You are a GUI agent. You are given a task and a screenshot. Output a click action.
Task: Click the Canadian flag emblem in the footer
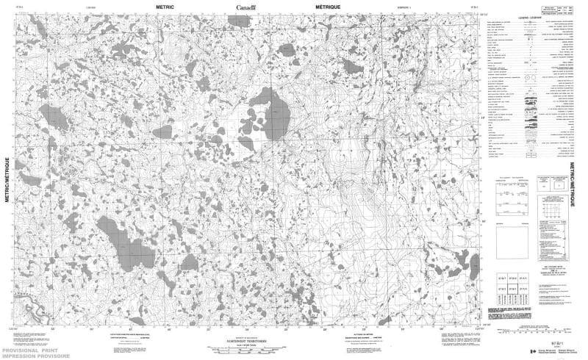tap(534, 352)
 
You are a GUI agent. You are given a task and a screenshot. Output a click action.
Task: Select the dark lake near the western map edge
tap(54, 116)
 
